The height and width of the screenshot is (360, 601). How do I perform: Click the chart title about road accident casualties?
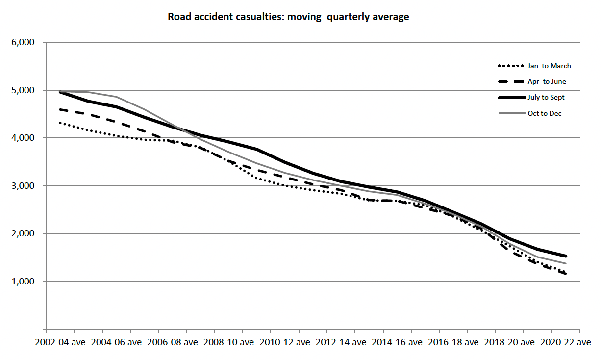pyautogui.click(x=288, y=17)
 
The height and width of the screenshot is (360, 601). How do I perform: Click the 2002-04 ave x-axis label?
pyautogui.click(x=59, y=342)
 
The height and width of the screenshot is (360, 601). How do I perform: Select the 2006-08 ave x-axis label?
pyautogui.click(x=171, y=342)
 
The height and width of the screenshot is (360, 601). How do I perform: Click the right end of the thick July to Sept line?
pyautogui.click(x=566, y=256)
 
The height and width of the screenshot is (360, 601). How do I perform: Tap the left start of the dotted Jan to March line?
pyautogui.click(x=60, y=123)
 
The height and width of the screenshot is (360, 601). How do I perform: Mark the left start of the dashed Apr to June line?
pyautogui.click(x=60, y=109)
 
